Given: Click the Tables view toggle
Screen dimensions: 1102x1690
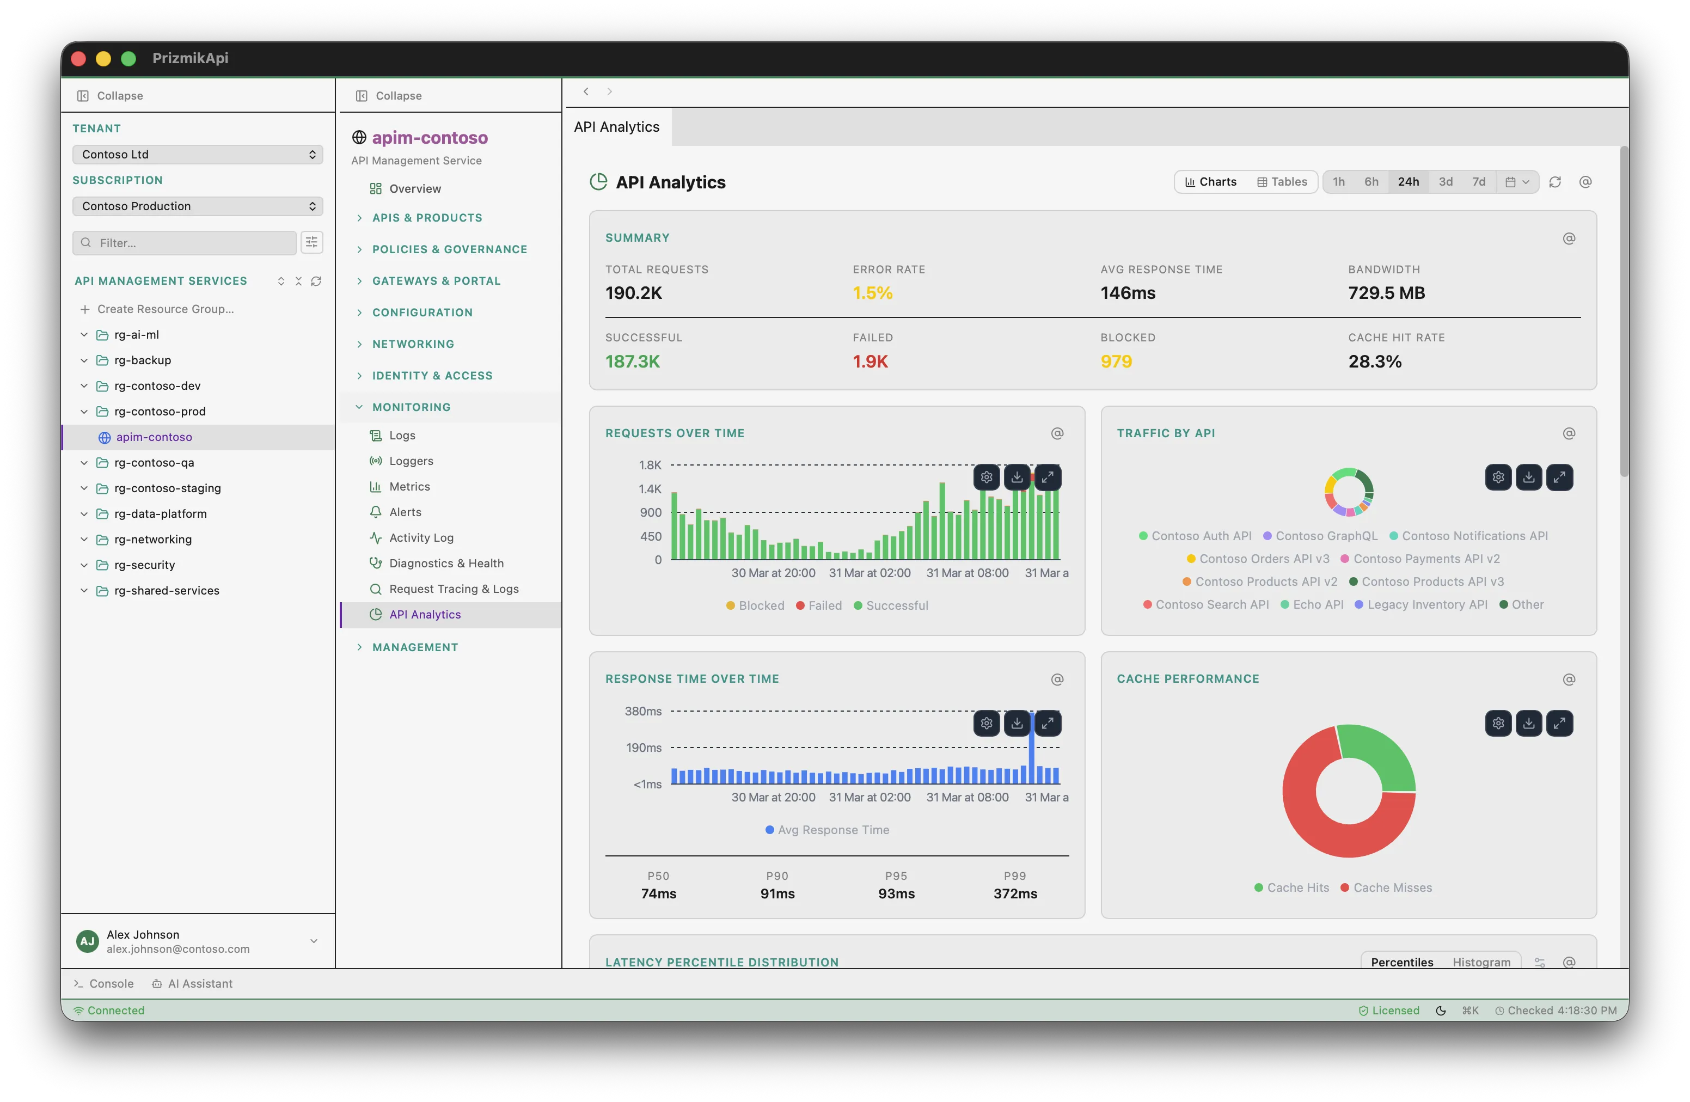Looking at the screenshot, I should (x=1282, y=182).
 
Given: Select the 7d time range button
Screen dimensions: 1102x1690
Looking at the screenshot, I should (x=1478, y=182).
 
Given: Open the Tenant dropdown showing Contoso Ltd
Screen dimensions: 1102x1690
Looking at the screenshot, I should (x=198, y=154).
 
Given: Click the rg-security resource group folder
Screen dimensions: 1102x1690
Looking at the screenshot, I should (x=144, y=565).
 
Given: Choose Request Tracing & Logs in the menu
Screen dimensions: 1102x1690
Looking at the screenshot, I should (x=453, y=589).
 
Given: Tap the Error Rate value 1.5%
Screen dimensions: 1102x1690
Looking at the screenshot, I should (x=872, y=292).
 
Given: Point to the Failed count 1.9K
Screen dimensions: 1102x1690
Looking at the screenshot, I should (x=870, y=362).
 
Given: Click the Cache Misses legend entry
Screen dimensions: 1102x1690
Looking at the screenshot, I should (x=1392, y=887).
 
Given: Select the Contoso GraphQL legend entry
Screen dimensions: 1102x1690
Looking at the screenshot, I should (x=1326, y=536).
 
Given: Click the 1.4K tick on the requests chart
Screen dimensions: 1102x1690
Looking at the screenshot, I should (x=650, y=488).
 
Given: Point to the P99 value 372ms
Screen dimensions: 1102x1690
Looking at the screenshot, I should (x=1015, y=893).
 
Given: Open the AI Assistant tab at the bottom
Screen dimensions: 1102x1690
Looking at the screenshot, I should (x=199, y=983).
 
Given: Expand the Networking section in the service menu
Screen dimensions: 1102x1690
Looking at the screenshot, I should (x=413, y=344).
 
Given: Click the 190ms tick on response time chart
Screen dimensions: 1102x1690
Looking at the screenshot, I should (x=644, y=748).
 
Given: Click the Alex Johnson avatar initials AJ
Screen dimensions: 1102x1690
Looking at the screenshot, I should (x=87, y=941).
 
